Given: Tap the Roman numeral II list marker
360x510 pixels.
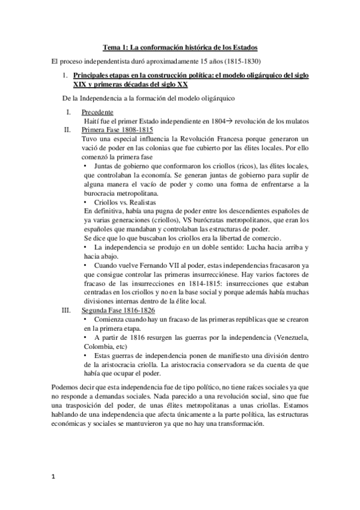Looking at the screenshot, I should click(x=67, y=129).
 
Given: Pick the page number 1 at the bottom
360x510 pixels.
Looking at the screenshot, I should click(x=53, y=478).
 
